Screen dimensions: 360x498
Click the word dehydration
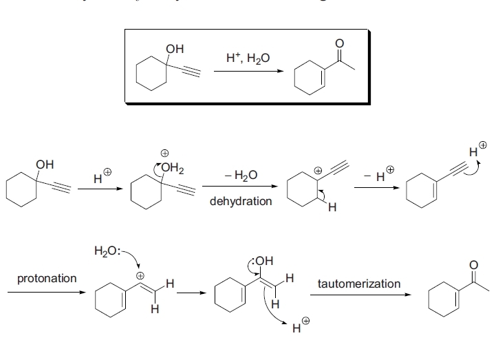pos(240,201)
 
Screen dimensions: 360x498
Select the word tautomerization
pos(358,284)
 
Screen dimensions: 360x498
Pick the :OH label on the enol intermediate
pos(264,261)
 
